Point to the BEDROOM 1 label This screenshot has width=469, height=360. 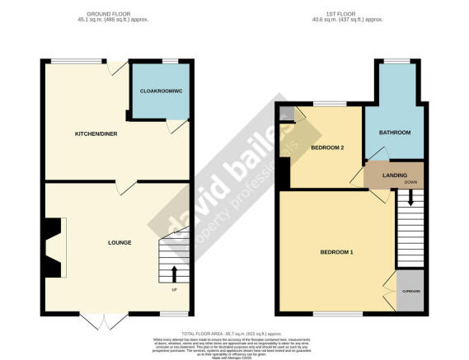pyautogui.click(x=336, y=252)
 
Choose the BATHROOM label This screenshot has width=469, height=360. pyautogui.click(x=394, y=132)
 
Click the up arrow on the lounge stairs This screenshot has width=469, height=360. pyautogui.click(x=174, y=272)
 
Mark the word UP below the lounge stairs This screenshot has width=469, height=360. pyautogui.click(x=174, y=289)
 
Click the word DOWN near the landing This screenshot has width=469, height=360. pyautogui.click(x=410, y=182)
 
